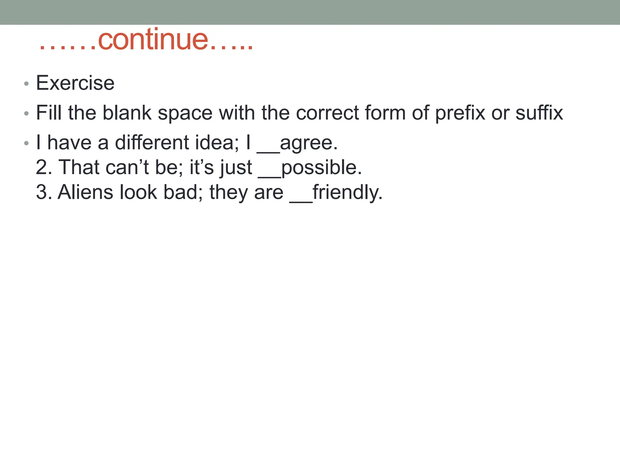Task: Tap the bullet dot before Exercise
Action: (26, 84)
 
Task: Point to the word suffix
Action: (539, 113)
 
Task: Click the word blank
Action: (127, 113)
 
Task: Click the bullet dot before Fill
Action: (26, 114)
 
